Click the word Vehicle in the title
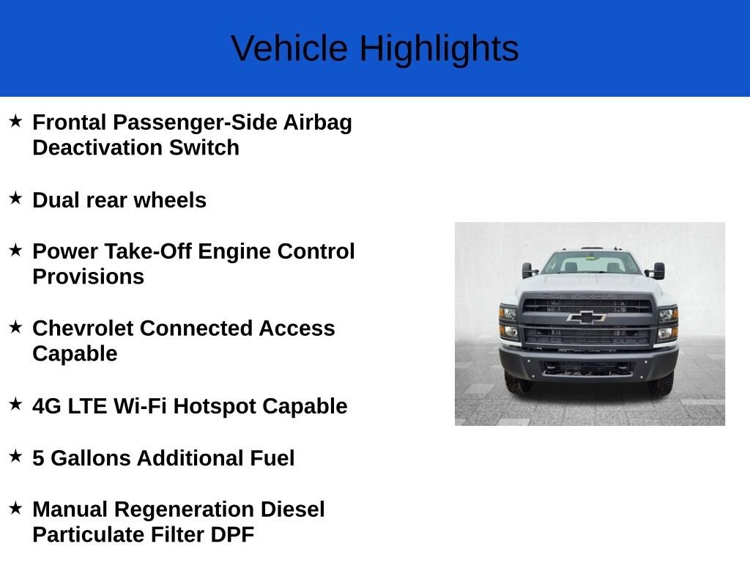(289, 48)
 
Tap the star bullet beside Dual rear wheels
(15, 198)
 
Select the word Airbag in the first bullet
(318, 123)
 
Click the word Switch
(204, 147)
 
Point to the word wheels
(170, 200)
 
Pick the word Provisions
(89, 276)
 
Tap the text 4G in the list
(47, 406)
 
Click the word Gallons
(90, 458)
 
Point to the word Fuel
(272, 458)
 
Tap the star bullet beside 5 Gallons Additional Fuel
(15, 456)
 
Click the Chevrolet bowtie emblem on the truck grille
(587, 317)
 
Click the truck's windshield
(591, 262)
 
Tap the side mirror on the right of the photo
(658, 271)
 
